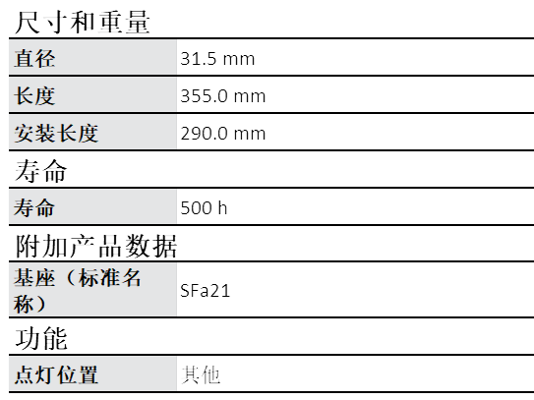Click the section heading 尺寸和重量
click(x=83, y=23)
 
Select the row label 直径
click(x=34, y=59)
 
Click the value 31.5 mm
click(x=217, y=59)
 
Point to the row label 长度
click(x=34, y=95)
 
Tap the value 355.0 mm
click(x=222, y=96)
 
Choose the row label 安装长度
click(x=56, y=133)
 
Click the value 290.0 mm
click(x=222, y=133)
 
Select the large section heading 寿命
click(x=40, y=171)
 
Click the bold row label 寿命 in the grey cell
click(x=34, y=207)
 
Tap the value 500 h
click(x=204, y=207)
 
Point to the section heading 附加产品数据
click(x=96, y=246)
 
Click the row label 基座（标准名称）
click(x=78, y=290)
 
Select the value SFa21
click(x=205, y=291)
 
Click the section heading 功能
click(x=41, y=338)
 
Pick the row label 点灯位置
click(x=56, y=374)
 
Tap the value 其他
click(x=201, y=375)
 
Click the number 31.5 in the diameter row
click(x=199, y=59)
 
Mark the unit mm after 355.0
click(x=250, y=96)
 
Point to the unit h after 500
click(x=222, y=207)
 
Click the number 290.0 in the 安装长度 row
click(x=204, y=133)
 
